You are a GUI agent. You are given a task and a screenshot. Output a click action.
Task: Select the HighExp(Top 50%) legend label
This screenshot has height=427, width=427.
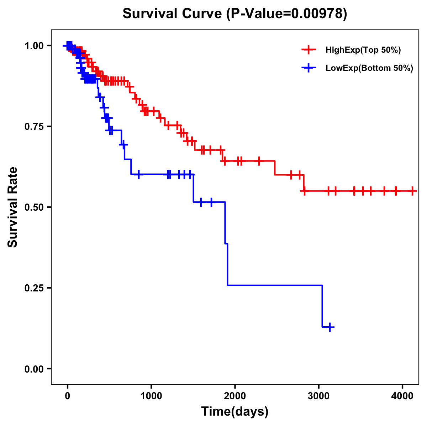363,50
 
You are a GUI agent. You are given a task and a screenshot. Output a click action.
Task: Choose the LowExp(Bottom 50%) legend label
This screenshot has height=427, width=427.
369,68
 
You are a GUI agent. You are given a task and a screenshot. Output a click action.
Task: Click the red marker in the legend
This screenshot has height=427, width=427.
309,50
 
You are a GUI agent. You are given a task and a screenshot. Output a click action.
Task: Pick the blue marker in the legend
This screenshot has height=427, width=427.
309,68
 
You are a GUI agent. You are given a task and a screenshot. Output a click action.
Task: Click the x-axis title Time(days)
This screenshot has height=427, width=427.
235,412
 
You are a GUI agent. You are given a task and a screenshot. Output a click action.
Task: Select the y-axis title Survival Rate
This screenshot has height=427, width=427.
13,207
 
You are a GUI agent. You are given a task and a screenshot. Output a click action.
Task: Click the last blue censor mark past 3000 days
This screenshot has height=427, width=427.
330,327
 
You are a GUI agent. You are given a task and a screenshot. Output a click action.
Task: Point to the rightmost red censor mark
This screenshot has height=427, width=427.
412,191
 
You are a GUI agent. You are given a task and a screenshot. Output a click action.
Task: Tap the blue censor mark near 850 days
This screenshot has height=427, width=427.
138,174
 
